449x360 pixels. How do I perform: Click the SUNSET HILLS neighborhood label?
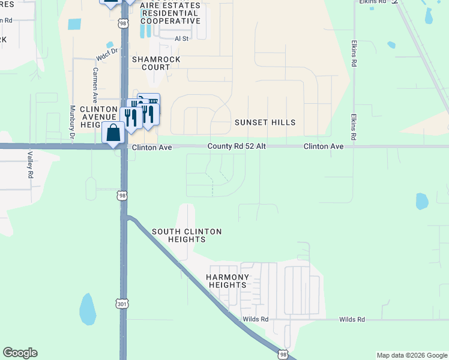click(x=265, y=122)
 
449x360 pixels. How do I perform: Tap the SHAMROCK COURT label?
click(x=151, y=63)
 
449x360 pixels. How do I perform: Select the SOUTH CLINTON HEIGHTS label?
click(x=187, y=235)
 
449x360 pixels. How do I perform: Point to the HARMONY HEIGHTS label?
click(x=228, y=281)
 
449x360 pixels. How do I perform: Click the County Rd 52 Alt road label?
click(x=237, y=146)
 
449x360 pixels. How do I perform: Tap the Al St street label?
click(x=181, y=38)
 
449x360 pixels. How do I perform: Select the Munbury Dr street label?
click(x=72, y=122)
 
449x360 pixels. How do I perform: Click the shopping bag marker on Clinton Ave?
click(x=113, y=133)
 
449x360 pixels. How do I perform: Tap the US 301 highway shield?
click(x=122, y=305)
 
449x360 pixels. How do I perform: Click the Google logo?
click(x=20, y=353)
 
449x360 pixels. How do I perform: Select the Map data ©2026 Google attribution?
click(x=412, y=355)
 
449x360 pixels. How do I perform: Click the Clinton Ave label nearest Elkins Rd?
click(x=324, y=146)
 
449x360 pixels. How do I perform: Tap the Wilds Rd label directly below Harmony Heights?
click(x=255, y=320)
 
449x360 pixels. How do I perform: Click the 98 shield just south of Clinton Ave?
click(x=122, y=195)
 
